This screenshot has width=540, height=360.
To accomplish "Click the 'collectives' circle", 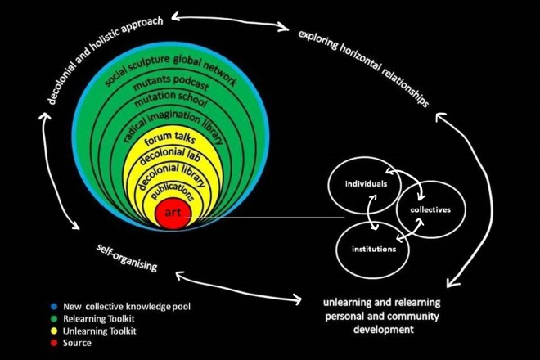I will [425, 209].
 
